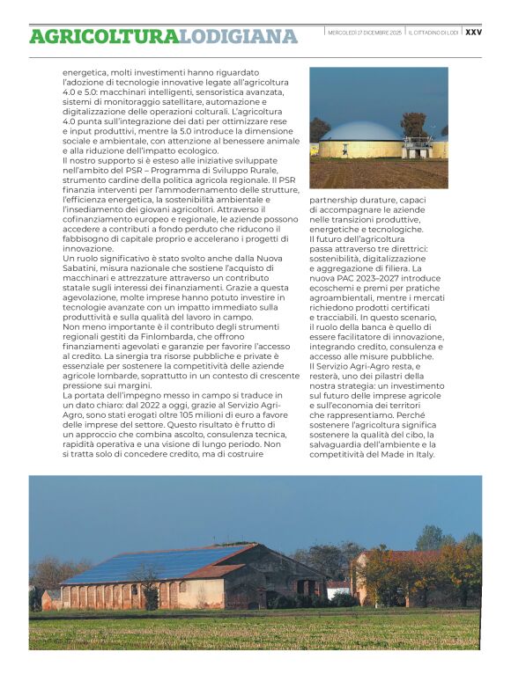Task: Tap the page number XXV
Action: (x=473, y=32)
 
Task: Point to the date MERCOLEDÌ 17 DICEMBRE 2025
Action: (x=364, y=33)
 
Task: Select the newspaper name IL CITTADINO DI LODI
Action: (x=433, y=33)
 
